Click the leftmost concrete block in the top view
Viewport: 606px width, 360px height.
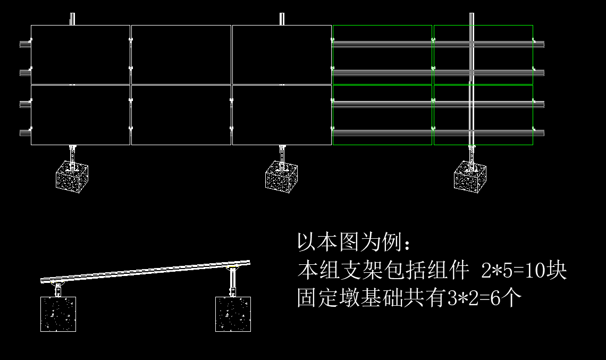tap(72, 177)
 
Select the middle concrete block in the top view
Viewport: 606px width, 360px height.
tap(281, 177)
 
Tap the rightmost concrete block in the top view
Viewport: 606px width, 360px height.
tap(470, 177)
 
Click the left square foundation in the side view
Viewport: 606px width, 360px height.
tap(58, 314)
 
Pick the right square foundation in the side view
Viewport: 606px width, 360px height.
tap(233, 314)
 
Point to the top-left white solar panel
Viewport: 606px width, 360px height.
tap(80, 54)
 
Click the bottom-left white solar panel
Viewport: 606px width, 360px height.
tap(80, 115)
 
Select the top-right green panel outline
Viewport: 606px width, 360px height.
tap(483, 54)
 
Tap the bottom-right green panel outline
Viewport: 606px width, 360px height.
tap(483, 115)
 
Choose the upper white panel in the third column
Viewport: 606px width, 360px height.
tap(282, 54)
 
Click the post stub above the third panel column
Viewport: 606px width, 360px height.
tap(282, 19)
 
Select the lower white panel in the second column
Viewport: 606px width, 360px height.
tap(181, 115)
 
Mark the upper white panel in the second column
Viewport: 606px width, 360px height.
tap(181, 54)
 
